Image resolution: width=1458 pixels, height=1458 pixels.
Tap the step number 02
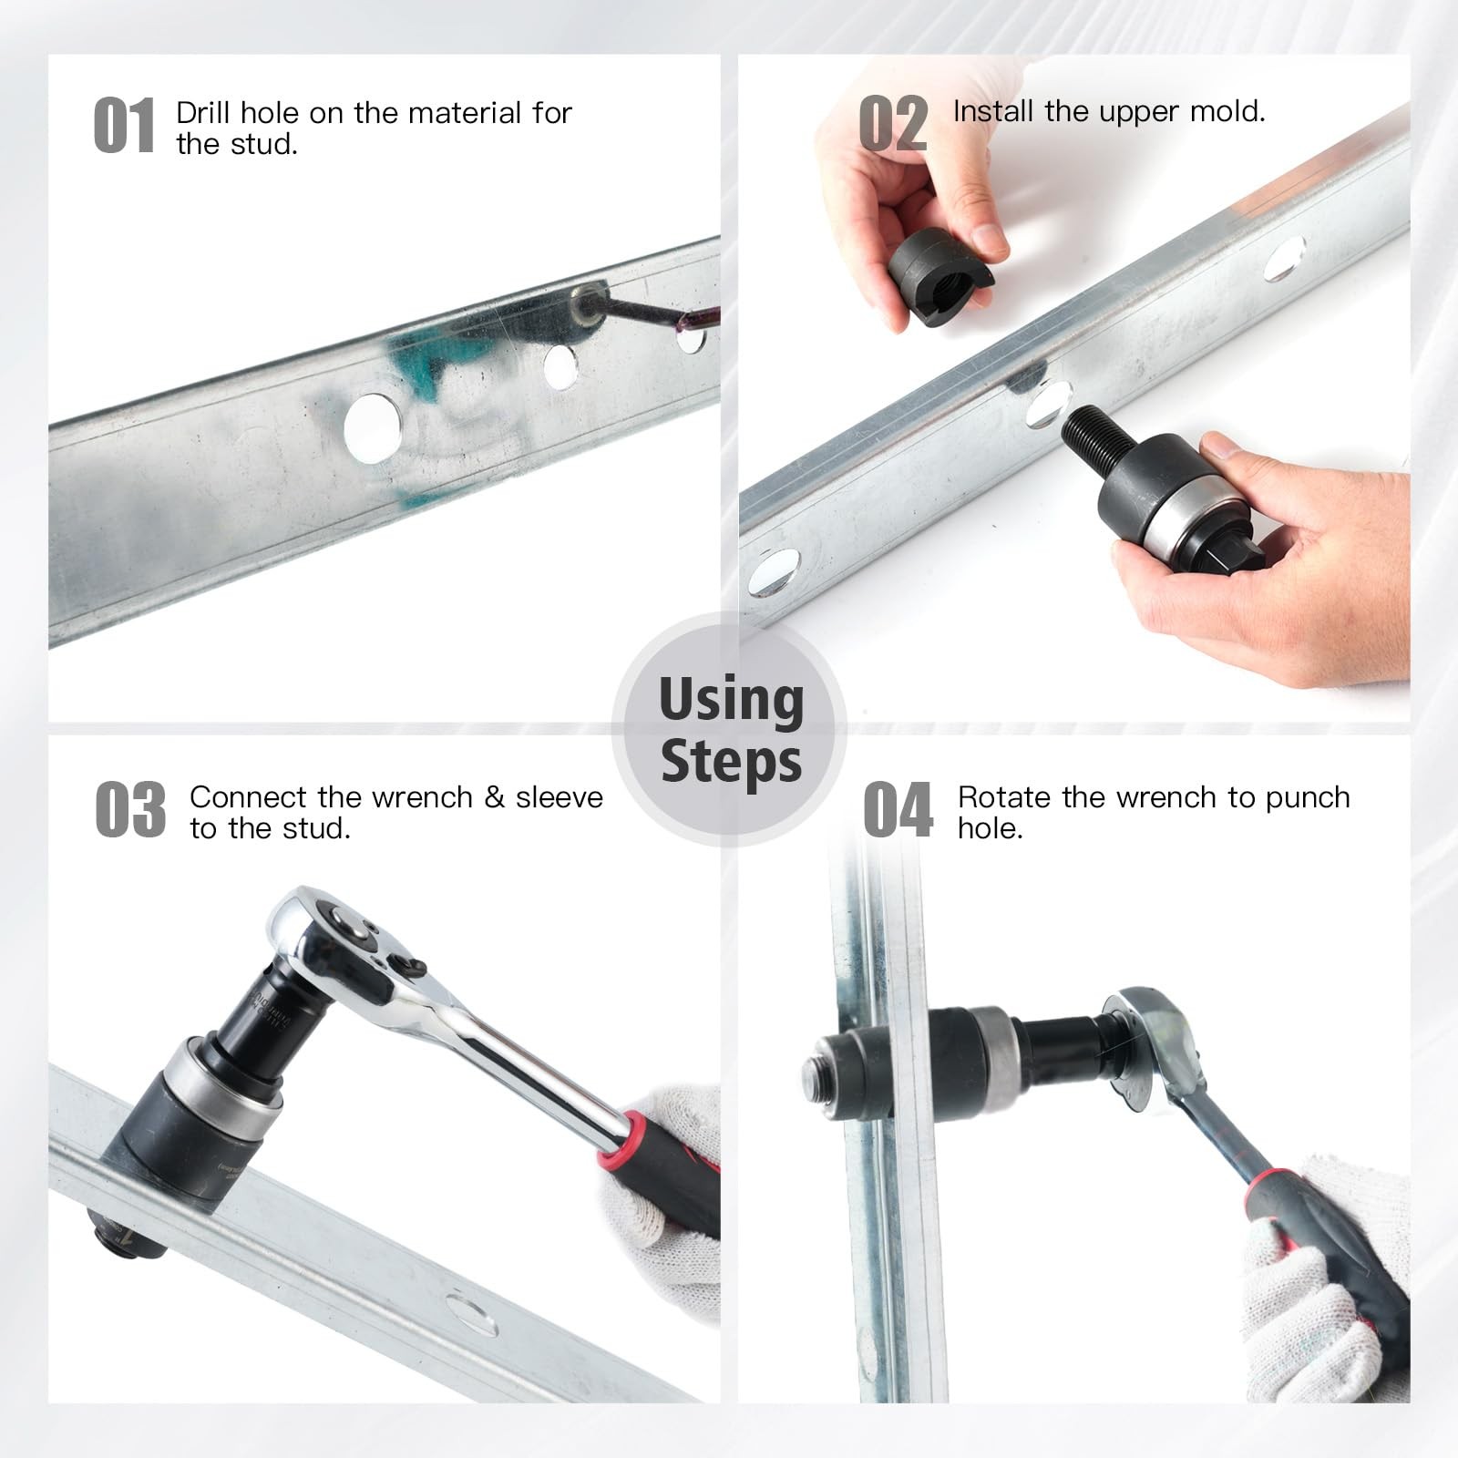click(893, 124)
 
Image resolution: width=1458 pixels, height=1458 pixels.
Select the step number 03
click(130, 809)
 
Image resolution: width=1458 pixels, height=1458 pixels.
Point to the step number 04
click(898, 809)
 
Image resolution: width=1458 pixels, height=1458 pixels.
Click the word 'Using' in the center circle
click(731, 700)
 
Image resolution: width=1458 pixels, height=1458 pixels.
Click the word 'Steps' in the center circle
click(731, 761)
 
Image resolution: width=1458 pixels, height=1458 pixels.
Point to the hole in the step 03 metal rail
click(471, 1316)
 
